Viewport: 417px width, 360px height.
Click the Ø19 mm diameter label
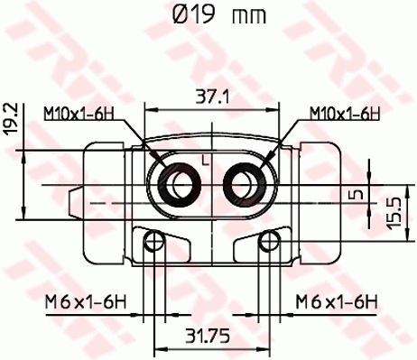(208, 15)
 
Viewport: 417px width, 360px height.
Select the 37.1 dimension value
(209, 95)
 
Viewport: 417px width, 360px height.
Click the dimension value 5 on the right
(358, 193)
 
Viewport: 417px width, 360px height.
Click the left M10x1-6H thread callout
(79, 113)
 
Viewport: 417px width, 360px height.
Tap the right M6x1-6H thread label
(336, 302)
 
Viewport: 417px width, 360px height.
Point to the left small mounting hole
(155, 241)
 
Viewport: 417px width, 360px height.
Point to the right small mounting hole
(266, 241)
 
